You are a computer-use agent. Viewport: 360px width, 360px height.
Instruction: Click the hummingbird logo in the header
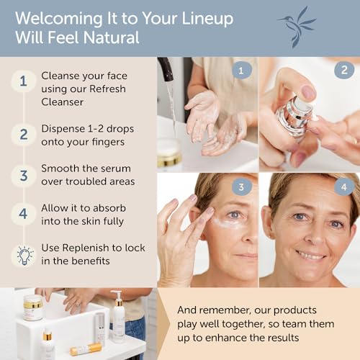297,27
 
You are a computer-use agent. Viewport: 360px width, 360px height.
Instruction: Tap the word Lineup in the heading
207,19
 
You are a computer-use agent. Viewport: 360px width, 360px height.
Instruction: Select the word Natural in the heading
112,37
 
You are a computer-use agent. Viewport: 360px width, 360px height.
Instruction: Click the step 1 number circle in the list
23,81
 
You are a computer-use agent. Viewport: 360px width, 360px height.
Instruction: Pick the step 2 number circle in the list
23,135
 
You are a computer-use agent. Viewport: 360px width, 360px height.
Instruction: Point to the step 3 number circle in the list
23,176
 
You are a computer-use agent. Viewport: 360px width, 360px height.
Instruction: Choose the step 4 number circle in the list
23,214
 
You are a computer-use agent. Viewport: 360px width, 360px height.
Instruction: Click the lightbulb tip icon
24,256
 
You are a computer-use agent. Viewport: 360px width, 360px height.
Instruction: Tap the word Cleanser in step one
63,102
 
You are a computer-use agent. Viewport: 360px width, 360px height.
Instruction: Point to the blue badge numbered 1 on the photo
242,71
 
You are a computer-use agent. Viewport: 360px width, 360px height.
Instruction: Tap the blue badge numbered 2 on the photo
344,70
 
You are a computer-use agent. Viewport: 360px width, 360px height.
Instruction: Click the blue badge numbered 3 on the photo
242,187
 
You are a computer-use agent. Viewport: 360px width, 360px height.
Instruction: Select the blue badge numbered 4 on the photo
344,187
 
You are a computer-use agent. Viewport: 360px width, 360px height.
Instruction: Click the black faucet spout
166,69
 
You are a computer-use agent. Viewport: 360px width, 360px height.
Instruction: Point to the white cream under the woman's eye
225,222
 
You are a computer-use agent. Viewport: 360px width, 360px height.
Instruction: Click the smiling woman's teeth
311,255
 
